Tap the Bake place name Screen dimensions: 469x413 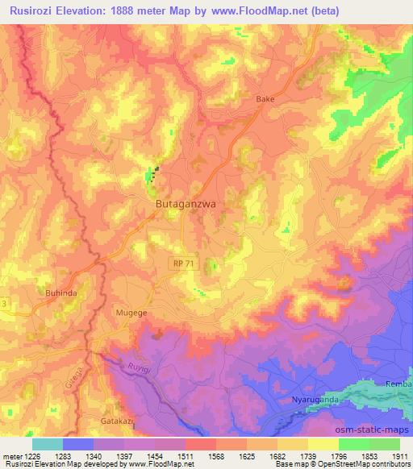[x=265, y=99]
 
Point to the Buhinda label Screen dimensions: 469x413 [x=60, y=293]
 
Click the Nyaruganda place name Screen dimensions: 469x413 [x=317, y=400]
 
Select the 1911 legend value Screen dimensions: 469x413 [x=398, y=456]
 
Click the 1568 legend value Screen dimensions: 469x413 [x=215, y=456]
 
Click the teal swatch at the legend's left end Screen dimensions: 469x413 [x=48, y=443]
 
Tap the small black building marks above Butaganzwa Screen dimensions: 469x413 [x=156, y=172]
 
